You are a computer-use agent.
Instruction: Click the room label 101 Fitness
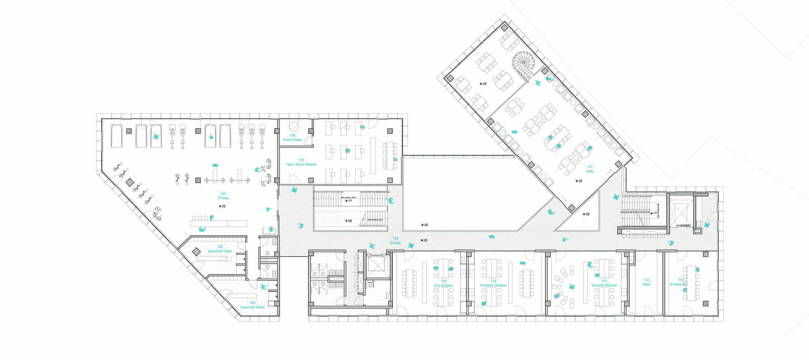223,196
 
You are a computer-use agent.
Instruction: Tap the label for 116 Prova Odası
292,138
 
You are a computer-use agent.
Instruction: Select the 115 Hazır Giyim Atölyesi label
301,162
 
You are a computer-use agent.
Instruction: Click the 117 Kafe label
590,169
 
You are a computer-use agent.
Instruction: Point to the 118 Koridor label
395,241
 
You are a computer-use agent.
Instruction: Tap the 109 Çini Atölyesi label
443,283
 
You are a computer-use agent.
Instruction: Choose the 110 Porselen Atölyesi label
493,283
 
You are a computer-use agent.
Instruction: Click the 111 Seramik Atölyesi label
604,283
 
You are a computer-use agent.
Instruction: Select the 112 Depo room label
646,282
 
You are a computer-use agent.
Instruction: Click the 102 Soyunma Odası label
220,249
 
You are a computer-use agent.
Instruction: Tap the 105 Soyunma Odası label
252,305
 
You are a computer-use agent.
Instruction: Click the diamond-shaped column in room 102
196,251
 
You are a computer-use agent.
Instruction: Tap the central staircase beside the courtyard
351,208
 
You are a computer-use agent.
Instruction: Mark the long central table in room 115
373,155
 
